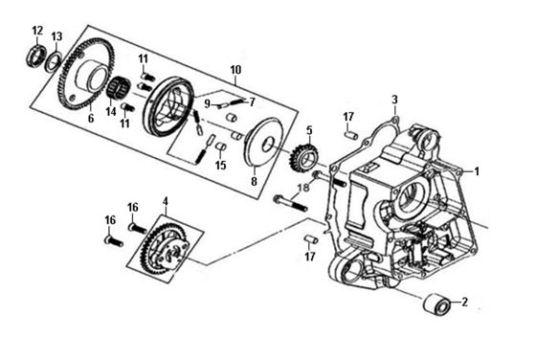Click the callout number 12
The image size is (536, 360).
37,31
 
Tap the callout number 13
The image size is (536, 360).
57,36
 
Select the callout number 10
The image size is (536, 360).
235,69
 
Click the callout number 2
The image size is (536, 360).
464,303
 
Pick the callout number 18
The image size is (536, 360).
302,188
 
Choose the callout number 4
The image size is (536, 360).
166,201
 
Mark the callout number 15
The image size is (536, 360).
221,165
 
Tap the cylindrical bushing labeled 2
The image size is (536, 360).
436,304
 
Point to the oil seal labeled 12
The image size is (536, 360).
36,55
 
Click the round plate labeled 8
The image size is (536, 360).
263,143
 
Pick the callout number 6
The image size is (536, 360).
91,119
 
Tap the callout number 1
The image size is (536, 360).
477,171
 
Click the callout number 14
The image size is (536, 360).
111,111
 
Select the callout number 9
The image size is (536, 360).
207,103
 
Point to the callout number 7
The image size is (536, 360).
253,101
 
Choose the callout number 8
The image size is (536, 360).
254,182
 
